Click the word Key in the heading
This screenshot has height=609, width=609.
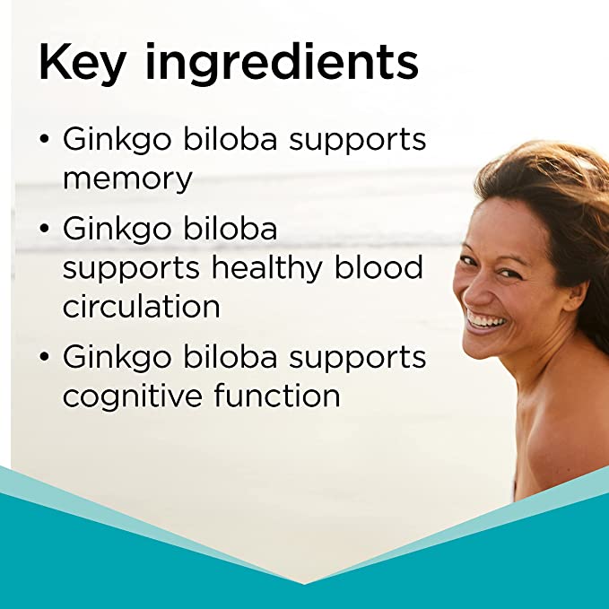(80, 64)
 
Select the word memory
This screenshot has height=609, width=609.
(127, 178)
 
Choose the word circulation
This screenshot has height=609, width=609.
(141, 306)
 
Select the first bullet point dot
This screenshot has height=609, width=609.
(45, 141)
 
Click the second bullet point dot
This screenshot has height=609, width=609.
(45, 231)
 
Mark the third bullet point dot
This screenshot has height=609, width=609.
(45, 358)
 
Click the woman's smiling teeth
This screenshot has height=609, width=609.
(485, 319)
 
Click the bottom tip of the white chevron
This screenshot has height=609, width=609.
(305, 583)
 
